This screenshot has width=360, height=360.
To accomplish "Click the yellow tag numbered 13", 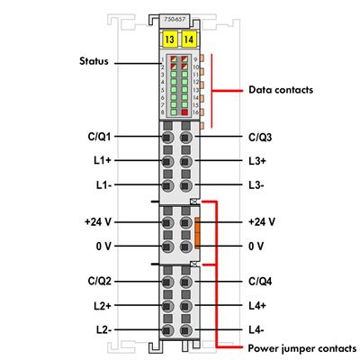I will (x=169, y=40).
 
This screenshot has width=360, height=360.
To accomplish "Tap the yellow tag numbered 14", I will (x=188, y=40).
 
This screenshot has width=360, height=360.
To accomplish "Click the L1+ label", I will (x=101, y=162).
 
